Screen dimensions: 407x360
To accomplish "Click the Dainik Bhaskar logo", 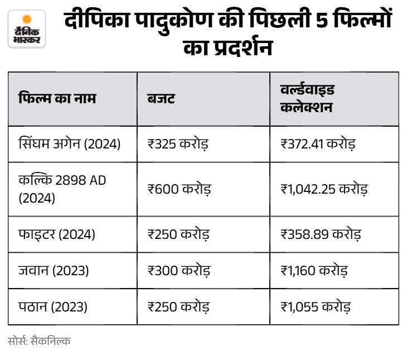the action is coord(27,29).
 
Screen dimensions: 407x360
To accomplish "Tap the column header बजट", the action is coord(161,99).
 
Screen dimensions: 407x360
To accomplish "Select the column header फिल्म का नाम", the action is coord(57,98).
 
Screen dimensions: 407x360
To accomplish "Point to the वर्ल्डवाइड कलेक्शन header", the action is coord(307,99).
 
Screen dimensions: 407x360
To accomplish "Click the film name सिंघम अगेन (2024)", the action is coord(69,144).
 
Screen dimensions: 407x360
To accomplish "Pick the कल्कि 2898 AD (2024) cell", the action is coord(62,189).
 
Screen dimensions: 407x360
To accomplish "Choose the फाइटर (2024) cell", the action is coord(56,234).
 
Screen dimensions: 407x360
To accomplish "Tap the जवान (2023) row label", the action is coord(54,270).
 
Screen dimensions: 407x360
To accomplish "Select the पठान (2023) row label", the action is coord(53,307).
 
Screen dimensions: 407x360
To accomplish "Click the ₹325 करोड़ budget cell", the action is coord(178,144).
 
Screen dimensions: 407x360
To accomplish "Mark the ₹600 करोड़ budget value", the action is coord(179,189).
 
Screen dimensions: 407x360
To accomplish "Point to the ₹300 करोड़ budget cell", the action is coord(178,271).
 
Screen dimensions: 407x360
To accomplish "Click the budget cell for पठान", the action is coord(178,307).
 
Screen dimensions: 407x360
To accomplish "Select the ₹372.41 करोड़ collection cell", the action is coord(318,144).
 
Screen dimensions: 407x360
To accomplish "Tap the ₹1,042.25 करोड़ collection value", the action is coord(324,189).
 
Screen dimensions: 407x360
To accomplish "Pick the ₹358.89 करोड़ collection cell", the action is coord(321,234).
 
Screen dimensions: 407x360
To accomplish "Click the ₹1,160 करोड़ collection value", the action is coord(314,271).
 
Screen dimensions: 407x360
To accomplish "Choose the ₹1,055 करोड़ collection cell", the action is coord(316,307).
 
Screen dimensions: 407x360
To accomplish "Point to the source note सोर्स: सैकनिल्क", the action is coord(39,341).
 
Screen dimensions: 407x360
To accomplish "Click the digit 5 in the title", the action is coord(322,20).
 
